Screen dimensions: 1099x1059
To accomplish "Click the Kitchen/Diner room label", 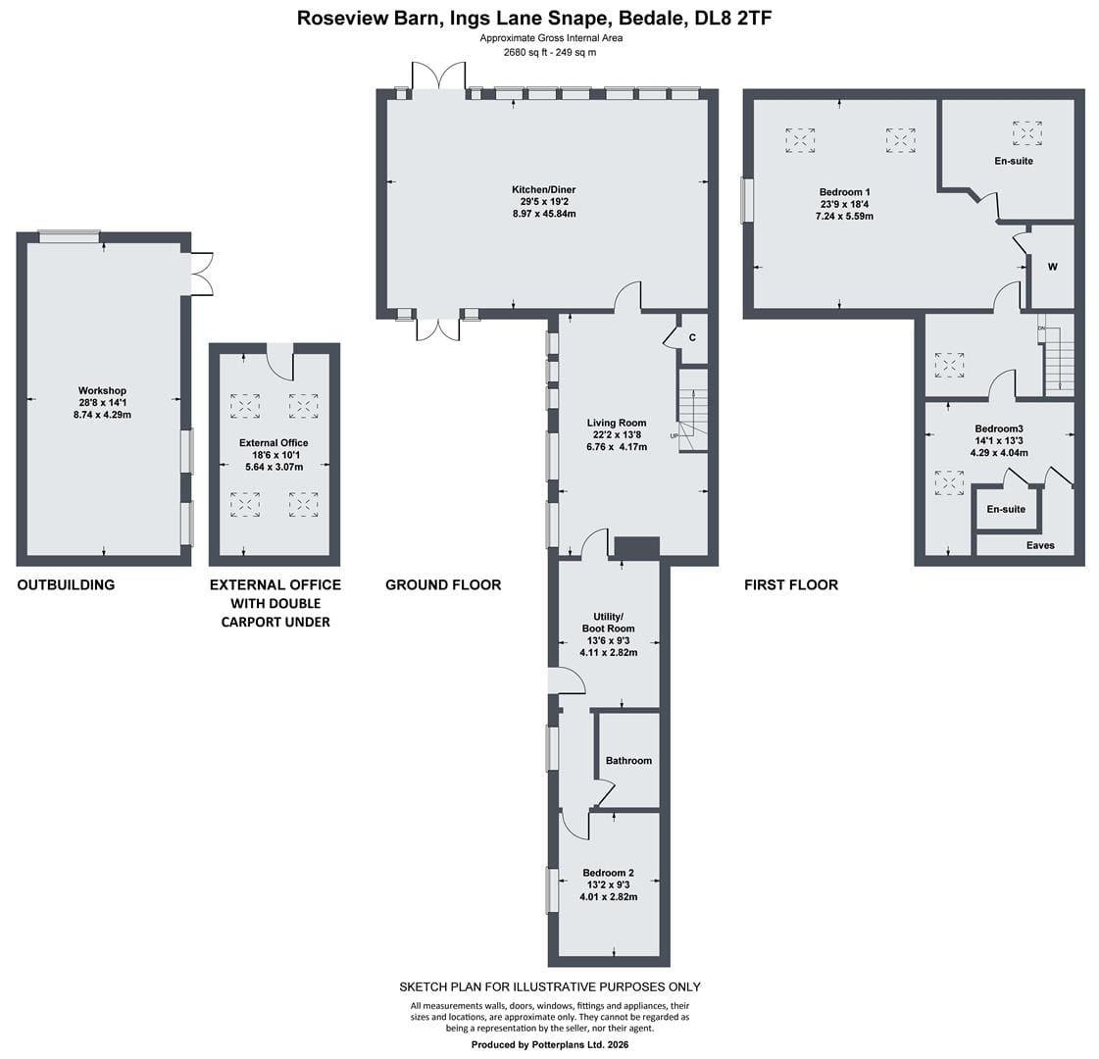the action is pos(544,189).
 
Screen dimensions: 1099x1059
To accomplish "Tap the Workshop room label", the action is pos(102,390).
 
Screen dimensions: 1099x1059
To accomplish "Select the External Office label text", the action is pos(274,442).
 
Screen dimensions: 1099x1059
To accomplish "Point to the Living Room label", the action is pos(617,423).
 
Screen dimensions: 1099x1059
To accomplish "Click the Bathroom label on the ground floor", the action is pos(628,761).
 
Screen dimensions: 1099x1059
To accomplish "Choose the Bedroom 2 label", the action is pos(609,873).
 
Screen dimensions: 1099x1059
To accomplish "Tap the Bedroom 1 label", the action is pos(844,192).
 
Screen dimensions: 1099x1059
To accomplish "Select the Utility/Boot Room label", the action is pos(609,623).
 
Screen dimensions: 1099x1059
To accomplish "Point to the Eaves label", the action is pos(1040,545).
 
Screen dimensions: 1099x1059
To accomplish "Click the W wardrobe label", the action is pos(1053,267).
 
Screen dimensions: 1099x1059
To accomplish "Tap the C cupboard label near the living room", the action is pos(692,338).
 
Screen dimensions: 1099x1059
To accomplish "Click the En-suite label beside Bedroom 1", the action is pos(1014,161).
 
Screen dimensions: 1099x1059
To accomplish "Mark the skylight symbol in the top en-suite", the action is pos(1026,132).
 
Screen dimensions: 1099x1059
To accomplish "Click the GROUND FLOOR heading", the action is pos(443,584).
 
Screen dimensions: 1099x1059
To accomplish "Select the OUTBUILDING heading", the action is pos(66,584).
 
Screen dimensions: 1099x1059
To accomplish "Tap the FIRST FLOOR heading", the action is pos(791,584).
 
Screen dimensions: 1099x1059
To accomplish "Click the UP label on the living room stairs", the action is pos(674,436).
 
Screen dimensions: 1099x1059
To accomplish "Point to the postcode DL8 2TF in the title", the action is pos(733,18).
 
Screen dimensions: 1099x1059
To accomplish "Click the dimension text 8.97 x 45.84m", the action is pos(544,214).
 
